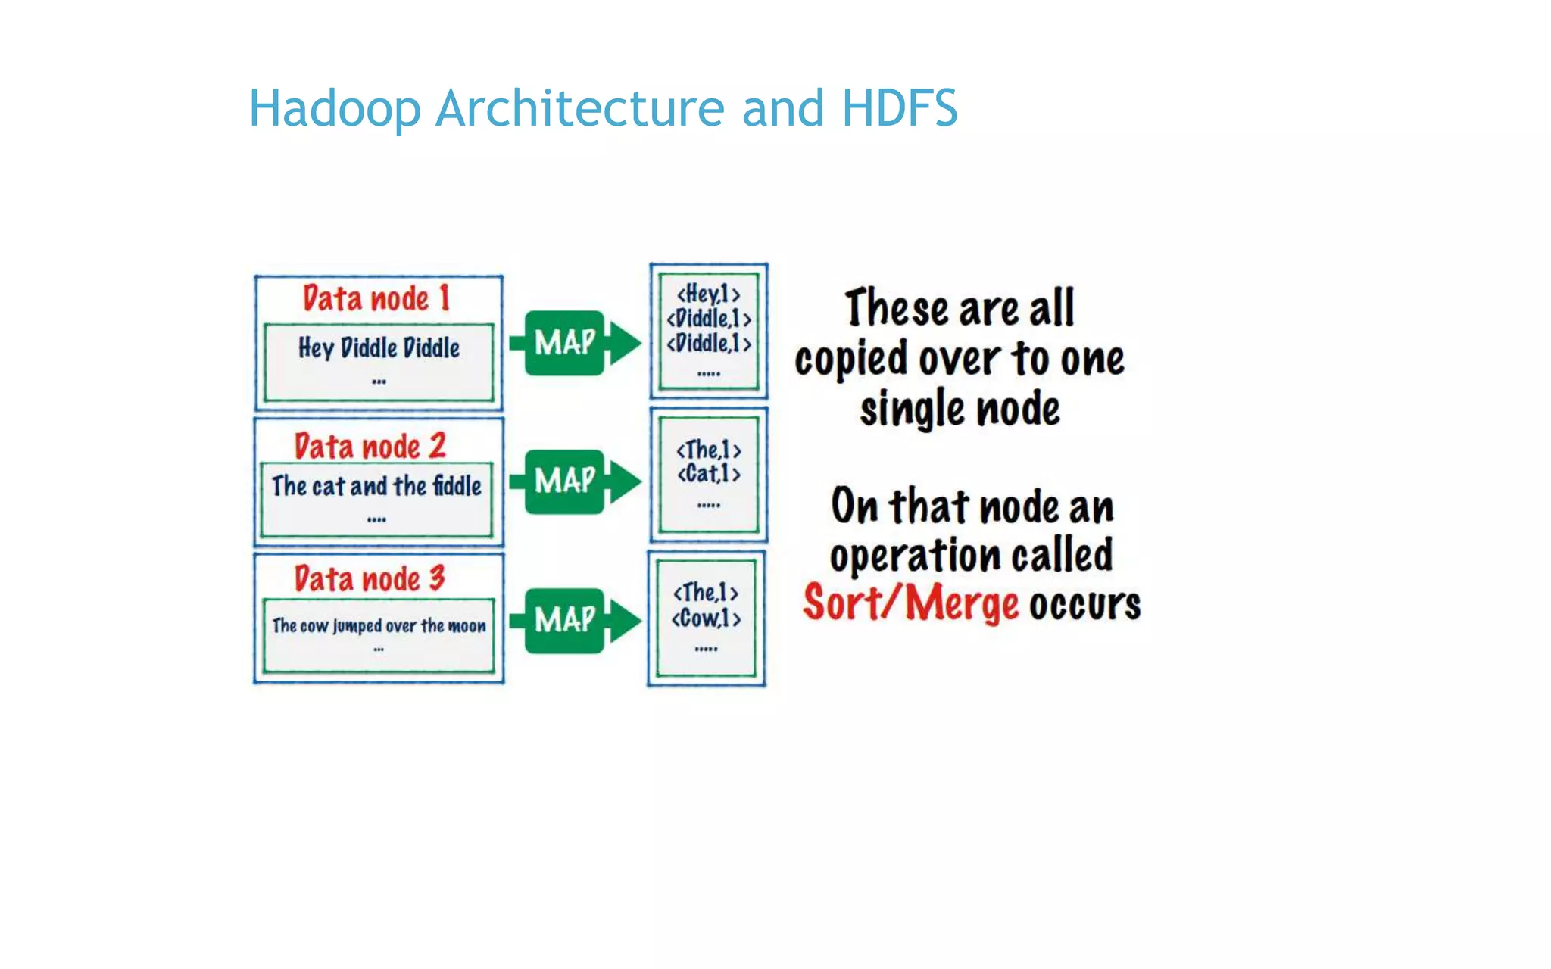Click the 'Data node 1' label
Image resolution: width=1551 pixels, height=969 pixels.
376,298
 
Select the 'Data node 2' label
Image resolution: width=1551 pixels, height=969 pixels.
370,446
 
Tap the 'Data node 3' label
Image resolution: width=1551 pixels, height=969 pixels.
370,579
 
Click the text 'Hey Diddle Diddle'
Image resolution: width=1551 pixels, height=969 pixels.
379,348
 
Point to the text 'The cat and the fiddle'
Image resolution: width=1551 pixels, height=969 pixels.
376,486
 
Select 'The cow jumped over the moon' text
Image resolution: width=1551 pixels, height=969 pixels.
379,626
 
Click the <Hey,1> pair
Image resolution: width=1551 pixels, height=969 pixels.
708,294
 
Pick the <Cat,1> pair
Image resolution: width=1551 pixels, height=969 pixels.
708,474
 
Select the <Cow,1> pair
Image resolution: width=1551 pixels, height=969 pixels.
706,618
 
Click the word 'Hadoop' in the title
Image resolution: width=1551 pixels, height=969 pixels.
334,109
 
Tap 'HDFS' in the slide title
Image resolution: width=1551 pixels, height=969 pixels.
899,107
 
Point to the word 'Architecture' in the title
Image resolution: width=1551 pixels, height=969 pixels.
580,107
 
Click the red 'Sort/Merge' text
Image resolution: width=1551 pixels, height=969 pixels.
911,603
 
